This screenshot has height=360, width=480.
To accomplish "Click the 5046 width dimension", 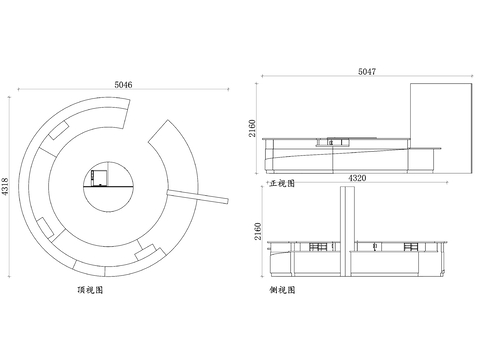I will (124, 85).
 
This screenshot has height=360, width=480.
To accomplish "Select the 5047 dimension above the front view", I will (367, 72).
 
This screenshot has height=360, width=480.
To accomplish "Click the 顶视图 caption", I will (90, 291).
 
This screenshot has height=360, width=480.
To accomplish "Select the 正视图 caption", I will (282, 184).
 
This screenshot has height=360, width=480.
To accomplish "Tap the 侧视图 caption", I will (282, 290).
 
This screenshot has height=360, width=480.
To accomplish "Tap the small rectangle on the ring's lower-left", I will (48, 224).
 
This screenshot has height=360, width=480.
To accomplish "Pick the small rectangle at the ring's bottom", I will (146, 251).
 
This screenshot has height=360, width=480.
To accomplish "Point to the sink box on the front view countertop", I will (336, 140).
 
